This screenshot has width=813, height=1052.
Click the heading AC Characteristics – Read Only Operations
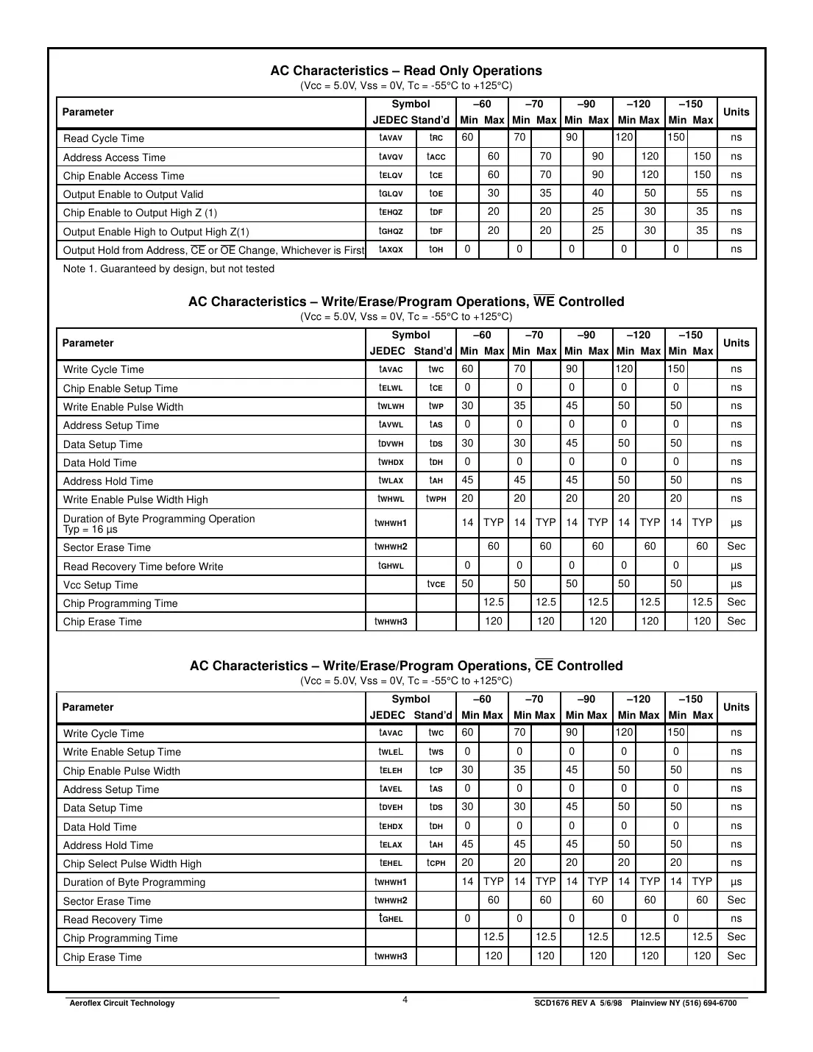[x=406, y=71]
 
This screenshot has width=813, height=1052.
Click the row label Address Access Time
[x=114, y=157]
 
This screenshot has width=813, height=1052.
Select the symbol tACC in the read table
[x=436, y=157]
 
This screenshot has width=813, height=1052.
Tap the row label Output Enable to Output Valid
[x=133, y=194]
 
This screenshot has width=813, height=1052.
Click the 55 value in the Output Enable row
[x=702, y=193]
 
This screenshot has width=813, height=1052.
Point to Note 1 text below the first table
[x=168, y=269]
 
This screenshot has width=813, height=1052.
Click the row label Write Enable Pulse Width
[x=123, y=407]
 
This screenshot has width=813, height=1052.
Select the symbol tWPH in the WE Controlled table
[x=436, y=499]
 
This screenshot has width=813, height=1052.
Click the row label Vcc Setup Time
[x=100, y=585]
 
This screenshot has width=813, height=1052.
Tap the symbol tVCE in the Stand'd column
[x=436, y=584]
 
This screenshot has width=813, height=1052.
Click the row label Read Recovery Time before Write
[x=143, y=566]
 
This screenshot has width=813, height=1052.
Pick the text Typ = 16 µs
[x=90, y=529]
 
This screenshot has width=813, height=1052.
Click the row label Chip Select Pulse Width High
[x=132, y=864]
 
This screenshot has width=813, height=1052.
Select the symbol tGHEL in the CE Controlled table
[x=391, y=918]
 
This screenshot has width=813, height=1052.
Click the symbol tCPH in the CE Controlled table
[x=436, y=863]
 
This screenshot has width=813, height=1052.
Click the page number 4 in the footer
[x=405, y=999]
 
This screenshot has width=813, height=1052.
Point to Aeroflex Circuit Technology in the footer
[x=121, y=1003]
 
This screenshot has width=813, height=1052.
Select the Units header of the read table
[x=736, y=112]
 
